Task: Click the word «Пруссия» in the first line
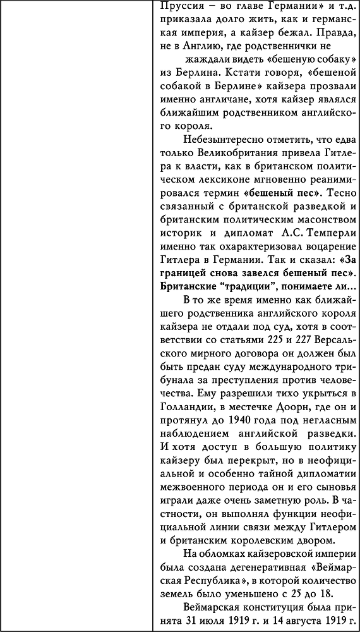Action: click(x=179, y=7)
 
